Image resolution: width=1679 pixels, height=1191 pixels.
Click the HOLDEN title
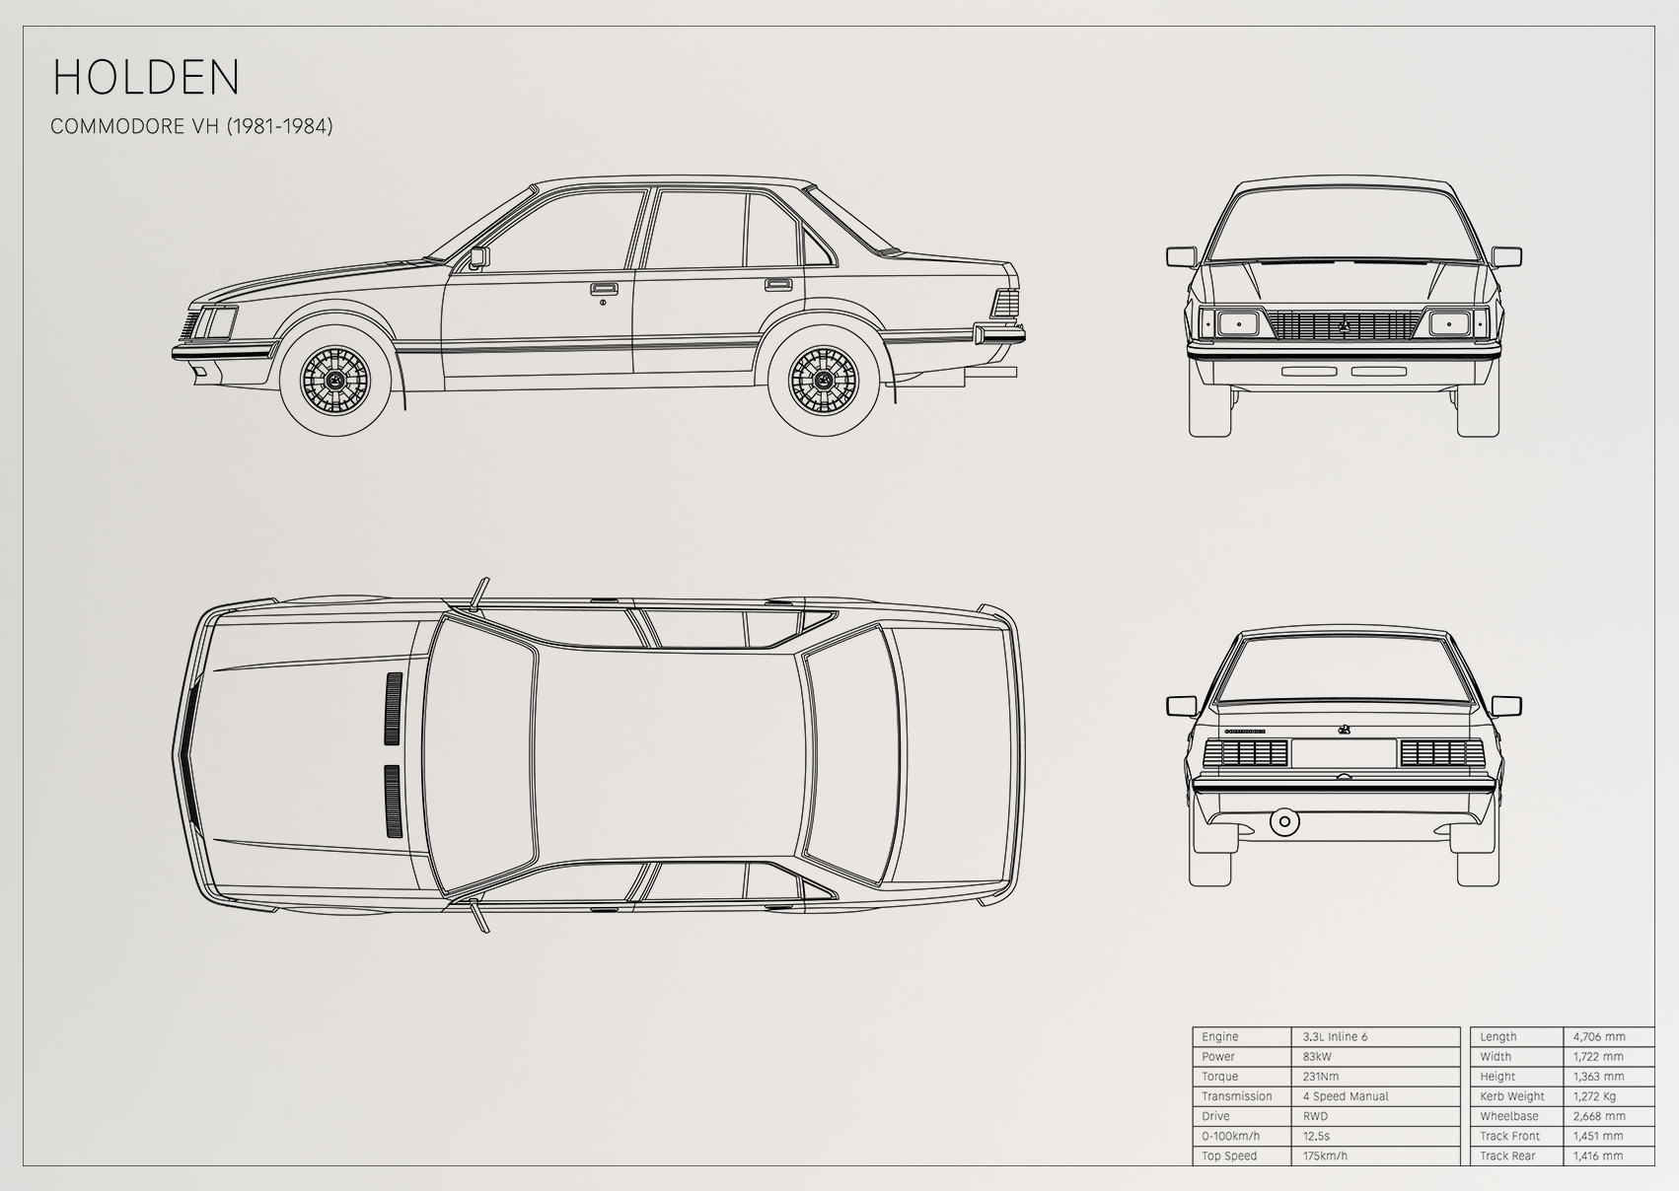click(146, 77)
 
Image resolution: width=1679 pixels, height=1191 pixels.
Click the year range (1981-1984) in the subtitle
click(279, 126)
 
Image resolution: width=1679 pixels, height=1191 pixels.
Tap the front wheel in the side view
click(335, 381)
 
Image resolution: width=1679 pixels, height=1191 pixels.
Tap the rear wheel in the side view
click(824, 381)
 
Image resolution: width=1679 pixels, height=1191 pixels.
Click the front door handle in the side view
click(601, 288)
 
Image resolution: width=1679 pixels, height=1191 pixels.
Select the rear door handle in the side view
click(778, 285)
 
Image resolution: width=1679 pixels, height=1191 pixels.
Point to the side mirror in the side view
click(479, 257)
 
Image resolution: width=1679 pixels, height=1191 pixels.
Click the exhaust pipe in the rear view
click(1284, 821)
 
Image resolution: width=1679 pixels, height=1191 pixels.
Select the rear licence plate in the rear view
click(1344, 753)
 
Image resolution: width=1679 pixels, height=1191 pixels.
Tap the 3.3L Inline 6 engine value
click(1335, 1036)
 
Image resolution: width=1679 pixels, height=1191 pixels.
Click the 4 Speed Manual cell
click(1346, 1096)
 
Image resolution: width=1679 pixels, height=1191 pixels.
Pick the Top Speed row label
click(1229, 1156)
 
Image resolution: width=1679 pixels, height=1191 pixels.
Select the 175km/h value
click(1325, 1156)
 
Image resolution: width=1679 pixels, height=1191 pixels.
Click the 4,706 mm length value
click(1599, 1036)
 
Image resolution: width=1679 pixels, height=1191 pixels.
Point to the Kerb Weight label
click(1512, 1096)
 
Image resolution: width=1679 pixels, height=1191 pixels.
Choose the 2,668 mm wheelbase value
click(1598, 1116)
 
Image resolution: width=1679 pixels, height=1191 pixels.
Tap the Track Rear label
click(1507, 1156)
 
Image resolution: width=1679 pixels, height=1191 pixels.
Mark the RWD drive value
click(1315, 1116)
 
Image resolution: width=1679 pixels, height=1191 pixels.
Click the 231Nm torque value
click(1321, 1077)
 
